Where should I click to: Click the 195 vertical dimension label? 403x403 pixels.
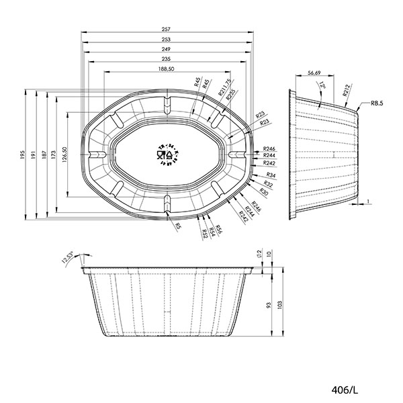coord(22,156)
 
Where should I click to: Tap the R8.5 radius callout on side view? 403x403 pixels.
coord(376,104)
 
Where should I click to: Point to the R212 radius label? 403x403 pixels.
coord(347,91)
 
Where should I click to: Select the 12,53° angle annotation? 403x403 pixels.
coord(66,257)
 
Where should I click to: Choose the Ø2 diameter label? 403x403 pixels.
coord(259,254)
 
